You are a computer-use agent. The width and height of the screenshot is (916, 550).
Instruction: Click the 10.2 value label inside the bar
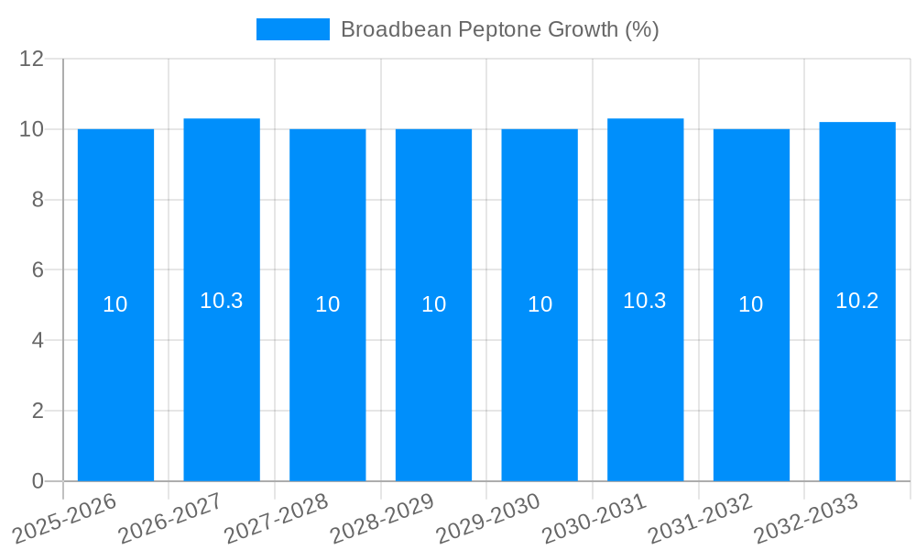(857, 301)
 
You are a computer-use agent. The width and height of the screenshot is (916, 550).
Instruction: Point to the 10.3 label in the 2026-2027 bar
(222, 301)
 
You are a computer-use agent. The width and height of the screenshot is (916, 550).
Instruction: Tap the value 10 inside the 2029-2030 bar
(540, 304)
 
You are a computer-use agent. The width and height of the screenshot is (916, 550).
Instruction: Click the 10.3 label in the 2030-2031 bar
(645, 301)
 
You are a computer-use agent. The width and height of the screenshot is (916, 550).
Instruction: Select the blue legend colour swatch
(292, 29)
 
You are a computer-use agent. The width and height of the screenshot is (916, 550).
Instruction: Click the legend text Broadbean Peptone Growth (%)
(499, 29)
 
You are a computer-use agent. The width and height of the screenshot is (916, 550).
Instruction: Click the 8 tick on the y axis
(38, 200)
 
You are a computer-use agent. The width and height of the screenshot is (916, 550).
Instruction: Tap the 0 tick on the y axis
(38, 481)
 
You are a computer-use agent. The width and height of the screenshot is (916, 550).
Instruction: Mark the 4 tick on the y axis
(38, 340)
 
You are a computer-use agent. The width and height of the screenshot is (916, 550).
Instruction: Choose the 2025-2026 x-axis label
(65, 518)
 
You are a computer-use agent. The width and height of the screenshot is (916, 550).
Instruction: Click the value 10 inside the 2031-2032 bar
(751, 304)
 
